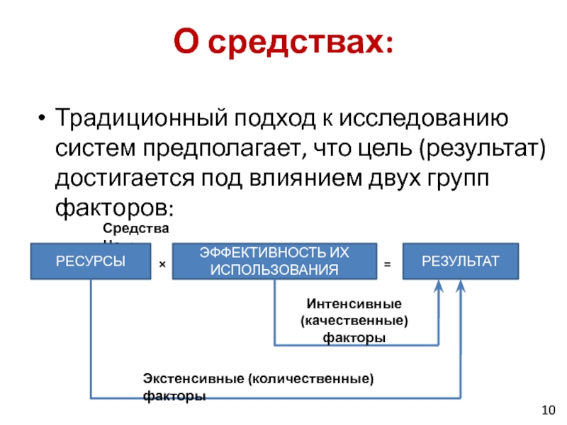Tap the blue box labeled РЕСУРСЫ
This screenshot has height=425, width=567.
tap(91, 261)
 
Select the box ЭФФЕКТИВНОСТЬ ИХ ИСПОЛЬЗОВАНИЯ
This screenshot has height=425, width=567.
tap(274, 261)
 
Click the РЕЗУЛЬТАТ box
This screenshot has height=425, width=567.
tap(460, 261)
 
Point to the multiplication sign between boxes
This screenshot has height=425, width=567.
tap(162, 263)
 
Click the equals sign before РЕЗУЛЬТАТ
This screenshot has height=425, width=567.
tap(387, 263)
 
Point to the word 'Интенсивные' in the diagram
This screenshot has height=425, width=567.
tap(354, 304)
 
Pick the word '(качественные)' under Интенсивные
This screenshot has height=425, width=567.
tap(354, 321)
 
